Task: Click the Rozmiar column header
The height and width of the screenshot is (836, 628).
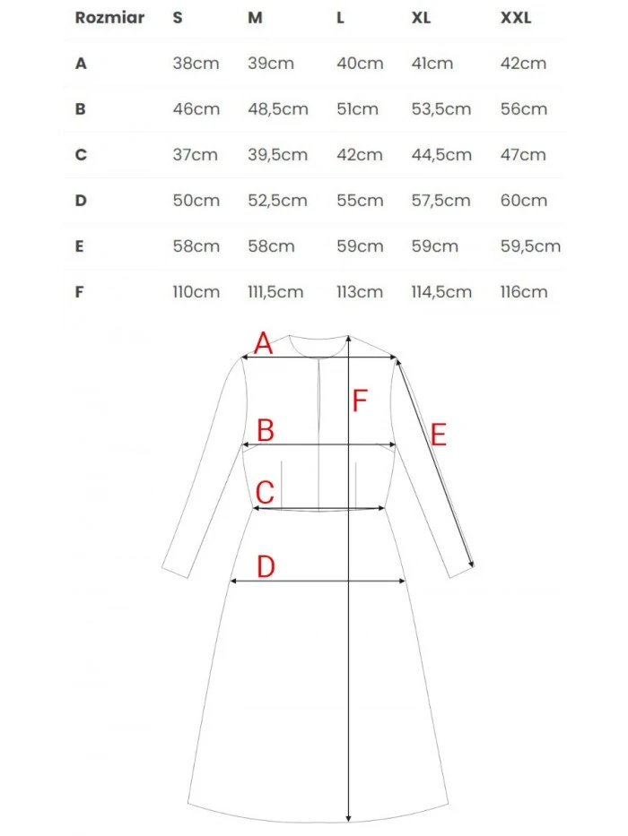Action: pyautogui.click(x=109, y=18)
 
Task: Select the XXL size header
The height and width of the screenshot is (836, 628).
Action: pyautogui.click(x=516, y=18)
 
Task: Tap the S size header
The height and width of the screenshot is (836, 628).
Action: pyautogui.click(x=178, y=18)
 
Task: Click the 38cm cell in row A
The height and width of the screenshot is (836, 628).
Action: pyautogui.click(x=196, y=64)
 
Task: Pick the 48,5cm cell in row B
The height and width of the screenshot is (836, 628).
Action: pyautogui.click(x=277, y=109)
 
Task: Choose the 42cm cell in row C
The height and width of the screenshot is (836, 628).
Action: pyautogui.click(x=360, y=155)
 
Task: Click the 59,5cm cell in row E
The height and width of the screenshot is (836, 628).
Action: pyautogui.click(x=530, y=246)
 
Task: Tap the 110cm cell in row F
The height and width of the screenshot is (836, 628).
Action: pyautogui.click(x=196, y=292)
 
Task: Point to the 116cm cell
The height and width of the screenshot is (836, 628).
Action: pyautogui.click(x=524, y=292)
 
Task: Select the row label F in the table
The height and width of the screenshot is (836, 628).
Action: pyautogui.click(x=81, y=292)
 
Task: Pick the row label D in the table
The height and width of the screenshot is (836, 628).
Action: pyautogui.click(x=81, y=201)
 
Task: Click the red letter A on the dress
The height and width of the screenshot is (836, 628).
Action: pyautogui.click(x=263, y=342)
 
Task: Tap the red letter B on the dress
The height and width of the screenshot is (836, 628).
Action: pyautogui.click(x=265, y=431)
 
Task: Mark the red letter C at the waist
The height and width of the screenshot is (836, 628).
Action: pyautogui.click(x=265, y=493)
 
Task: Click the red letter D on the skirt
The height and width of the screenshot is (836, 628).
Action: pyautogui.click(x=266, y=566)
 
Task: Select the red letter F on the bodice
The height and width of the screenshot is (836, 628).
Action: pyautogui.click(x=361, y=401)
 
